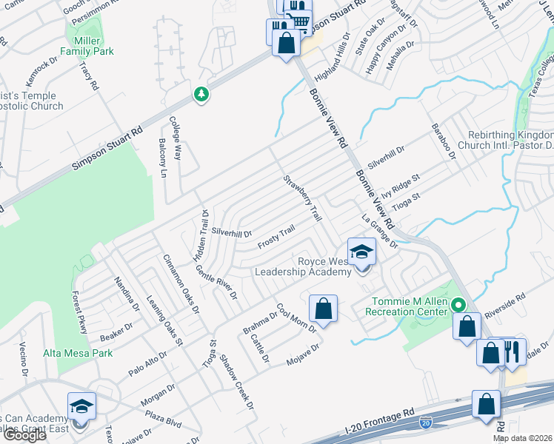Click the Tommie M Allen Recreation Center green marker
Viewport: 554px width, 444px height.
click(x=458, y=305)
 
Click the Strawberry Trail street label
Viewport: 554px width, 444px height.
click(x=302, y=198)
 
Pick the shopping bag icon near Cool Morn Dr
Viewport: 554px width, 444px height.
click(x=323, y=307)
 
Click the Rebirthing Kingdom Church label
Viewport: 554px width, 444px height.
click(x=510, y=141)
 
